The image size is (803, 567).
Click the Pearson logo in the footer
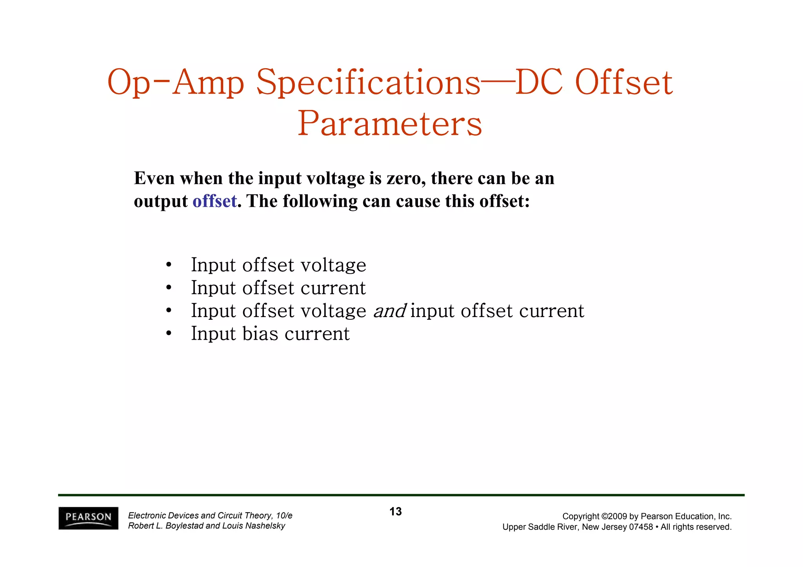click(x=88, y=518)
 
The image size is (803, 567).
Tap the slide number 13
click(x=396, y=511)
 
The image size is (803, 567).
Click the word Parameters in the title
click(x=390, y=123)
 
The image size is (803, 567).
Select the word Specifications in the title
click(x=368, y=83)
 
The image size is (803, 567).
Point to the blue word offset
click(x=214, y=201)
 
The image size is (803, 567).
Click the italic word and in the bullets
click(x=389, y=311)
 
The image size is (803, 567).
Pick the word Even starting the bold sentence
click(x=154, y=178)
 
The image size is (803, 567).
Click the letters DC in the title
click(x=539, y=83)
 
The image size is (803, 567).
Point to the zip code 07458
click(x=641, y=527)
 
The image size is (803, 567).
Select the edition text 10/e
click(x=284, y=516)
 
